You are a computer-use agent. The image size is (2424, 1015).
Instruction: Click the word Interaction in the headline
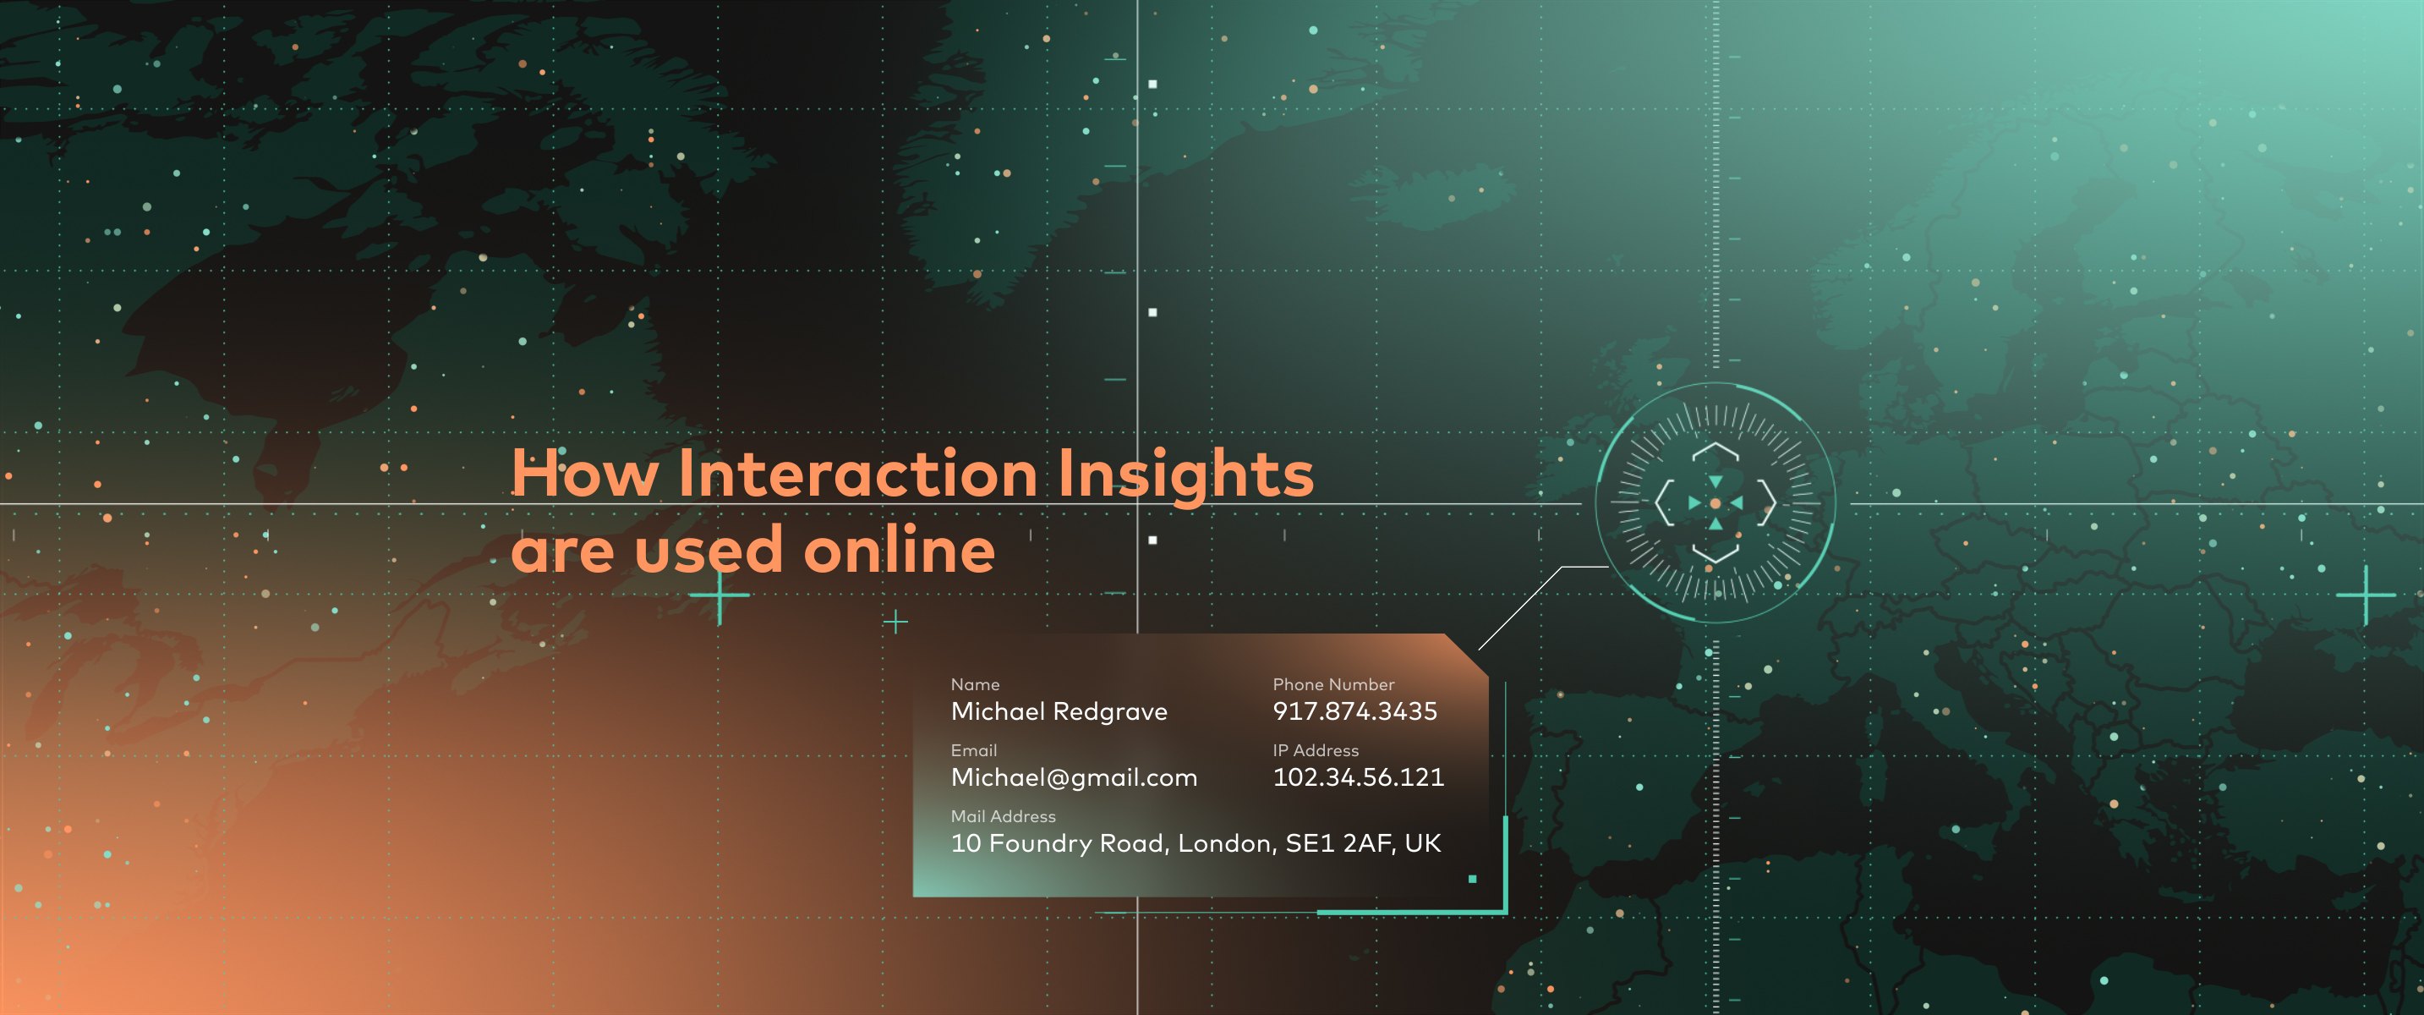click(857, 473)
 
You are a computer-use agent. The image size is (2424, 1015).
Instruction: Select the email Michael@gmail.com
click(1074, 777)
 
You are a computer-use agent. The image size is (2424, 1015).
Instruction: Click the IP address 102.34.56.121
click(1358, 776)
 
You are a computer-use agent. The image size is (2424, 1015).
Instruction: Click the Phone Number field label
click(1333, 684)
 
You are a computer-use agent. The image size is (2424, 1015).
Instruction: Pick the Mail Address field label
click(1003, 816)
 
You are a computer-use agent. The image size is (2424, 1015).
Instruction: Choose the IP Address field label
click(1316, 750)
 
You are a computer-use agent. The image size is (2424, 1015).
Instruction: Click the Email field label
click(974, 750)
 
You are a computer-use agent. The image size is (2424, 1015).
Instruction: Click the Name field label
click(975, 684)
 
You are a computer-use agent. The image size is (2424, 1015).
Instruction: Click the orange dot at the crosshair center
click(1715, 504)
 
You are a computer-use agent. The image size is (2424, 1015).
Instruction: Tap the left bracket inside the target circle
click(1663, 502)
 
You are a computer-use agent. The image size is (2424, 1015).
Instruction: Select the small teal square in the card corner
click(1473, 880)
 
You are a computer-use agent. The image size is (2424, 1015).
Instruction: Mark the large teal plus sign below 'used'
click(720, 595)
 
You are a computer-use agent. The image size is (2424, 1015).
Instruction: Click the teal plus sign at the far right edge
click(2366, 595)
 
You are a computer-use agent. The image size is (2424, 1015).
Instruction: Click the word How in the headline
click(584, 473)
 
